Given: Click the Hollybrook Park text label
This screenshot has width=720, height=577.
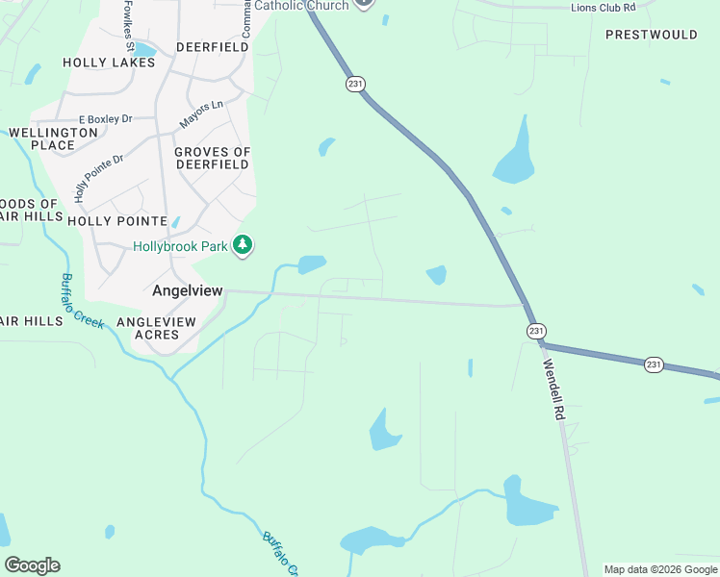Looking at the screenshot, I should click(180, 246).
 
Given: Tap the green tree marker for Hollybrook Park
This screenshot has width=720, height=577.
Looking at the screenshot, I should click(244, 246).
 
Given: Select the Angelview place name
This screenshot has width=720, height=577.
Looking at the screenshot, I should click(188, 289).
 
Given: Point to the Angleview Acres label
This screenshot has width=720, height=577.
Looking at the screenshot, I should click(156, 328).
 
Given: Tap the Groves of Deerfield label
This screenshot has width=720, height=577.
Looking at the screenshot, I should click(212, 158).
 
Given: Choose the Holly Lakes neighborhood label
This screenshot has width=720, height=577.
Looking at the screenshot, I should click(109, 63).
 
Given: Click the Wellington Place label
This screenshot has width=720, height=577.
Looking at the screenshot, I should click(53, 138).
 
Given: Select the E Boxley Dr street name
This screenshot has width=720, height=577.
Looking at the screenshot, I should click(106, 119).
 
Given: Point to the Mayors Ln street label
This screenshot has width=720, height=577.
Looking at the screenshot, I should click(201, 113).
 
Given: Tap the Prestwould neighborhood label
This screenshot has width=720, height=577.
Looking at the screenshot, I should click(651, 35).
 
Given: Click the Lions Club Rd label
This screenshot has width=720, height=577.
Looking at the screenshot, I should click(604, 7).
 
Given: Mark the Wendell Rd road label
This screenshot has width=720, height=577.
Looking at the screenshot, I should click(553, 389).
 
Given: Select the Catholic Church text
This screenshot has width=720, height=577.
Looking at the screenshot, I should click(301, 6).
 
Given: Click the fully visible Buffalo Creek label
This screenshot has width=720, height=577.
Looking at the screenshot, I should click(82, 301).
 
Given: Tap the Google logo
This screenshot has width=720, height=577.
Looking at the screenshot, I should click(32, 565).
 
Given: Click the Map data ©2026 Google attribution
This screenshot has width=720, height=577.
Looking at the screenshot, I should click(660, 569).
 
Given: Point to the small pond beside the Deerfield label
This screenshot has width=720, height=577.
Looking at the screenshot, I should click(144, 50).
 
